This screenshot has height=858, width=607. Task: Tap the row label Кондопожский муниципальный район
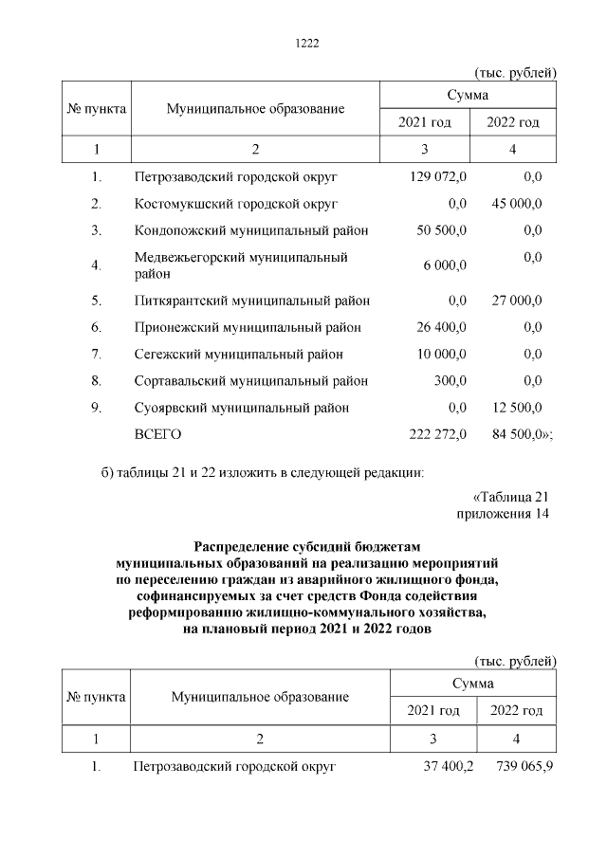pos(251,230)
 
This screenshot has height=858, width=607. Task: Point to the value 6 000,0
pos(445,266)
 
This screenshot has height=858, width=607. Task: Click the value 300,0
pos(450,381)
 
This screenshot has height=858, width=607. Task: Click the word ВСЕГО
pos(157,434)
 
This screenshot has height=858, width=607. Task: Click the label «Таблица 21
pos(510,496)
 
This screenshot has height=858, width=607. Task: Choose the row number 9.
pos(96,408)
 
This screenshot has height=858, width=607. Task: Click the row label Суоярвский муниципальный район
pos(242,408)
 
